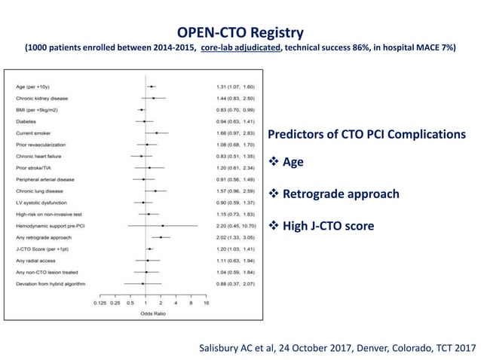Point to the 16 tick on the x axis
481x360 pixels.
point(206,303)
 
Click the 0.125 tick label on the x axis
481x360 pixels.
point(101,303)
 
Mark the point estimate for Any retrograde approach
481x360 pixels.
point(161,236)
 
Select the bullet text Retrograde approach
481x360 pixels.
point(340,194)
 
